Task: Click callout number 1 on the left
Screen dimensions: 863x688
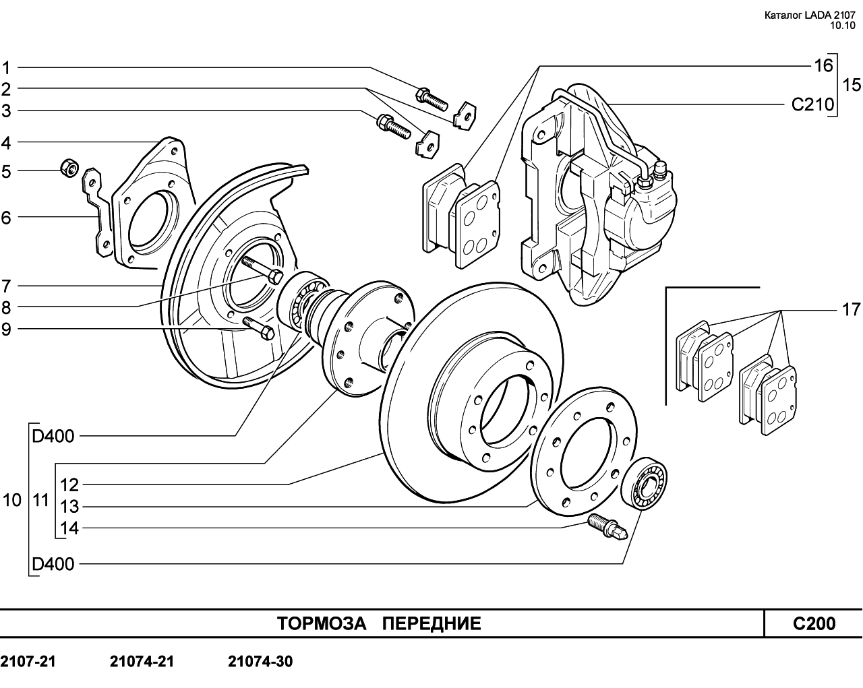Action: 6,68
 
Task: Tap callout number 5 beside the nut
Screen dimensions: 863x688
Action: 6,172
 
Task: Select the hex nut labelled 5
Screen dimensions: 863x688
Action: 69,168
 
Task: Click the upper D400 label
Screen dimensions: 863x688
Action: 53,436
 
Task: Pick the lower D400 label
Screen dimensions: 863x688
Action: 53,564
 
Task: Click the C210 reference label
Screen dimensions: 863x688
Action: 812,104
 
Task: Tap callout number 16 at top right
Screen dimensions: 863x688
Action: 824,66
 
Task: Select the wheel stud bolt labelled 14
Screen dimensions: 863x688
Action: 607,526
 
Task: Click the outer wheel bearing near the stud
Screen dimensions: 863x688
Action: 644,484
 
